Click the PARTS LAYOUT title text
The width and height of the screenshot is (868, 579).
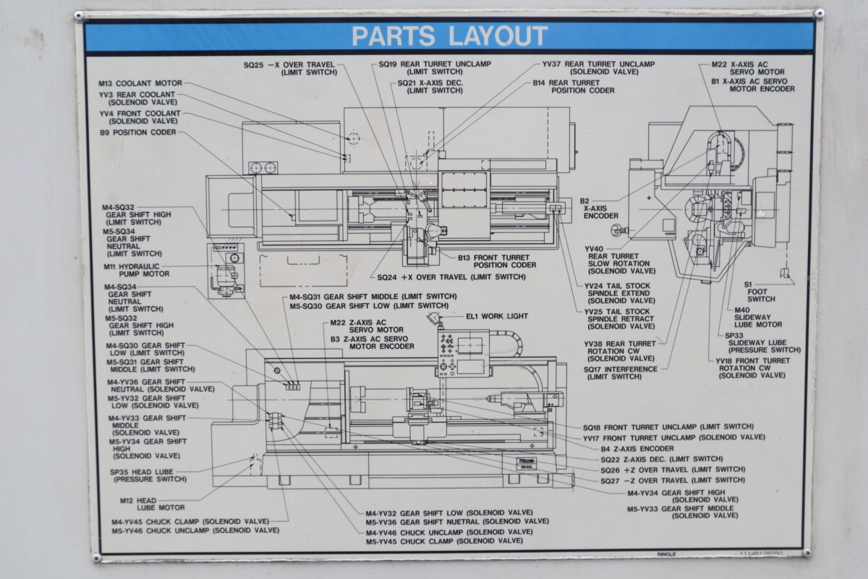449,35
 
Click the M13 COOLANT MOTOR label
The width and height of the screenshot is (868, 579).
140,83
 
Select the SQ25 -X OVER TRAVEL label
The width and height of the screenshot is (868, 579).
289,69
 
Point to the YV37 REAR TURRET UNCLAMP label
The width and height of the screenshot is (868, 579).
598,68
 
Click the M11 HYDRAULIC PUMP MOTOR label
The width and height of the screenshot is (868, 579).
136,270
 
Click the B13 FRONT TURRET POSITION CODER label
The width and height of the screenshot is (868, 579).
497,261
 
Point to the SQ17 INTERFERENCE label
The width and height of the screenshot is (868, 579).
621,373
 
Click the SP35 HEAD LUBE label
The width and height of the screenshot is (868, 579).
143,475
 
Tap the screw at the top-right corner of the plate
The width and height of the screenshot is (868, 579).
818,13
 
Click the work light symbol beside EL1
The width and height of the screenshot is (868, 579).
434,318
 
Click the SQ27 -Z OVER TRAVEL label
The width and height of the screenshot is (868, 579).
672,480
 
